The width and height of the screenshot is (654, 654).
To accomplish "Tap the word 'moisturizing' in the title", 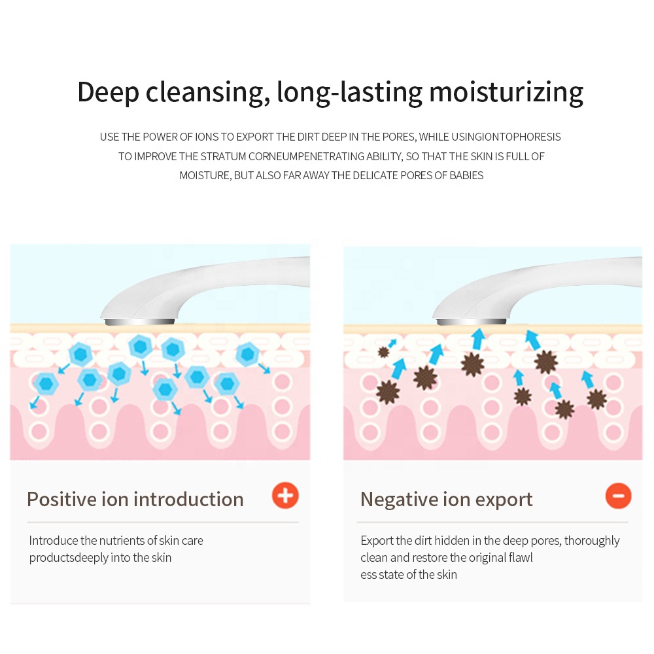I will pyautogui.click(x=506, y=92).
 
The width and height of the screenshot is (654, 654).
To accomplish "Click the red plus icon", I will pyautogui.click(x=285, y=496).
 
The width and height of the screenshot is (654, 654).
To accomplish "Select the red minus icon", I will pyautogui.click(x=618, y=496).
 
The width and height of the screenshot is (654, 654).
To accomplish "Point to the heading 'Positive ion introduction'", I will pyautogui.click(x=135, y=500).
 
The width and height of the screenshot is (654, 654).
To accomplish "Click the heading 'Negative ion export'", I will pyautogui.click(x=446, y=500).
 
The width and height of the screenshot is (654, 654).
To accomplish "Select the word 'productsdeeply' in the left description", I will pyautogui.click(x=68, y=558).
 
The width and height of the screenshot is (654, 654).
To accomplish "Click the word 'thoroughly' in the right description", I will pyautogui.click(x=592, y=541).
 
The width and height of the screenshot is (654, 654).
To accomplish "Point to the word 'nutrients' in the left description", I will pyautogui.click(x=121, y=541).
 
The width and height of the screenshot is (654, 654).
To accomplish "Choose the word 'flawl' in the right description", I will pyautogui.click(x=519, y=558).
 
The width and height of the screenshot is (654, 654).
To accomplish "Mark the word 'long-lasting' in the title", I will pyautogui.click(x=350, y=92).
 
